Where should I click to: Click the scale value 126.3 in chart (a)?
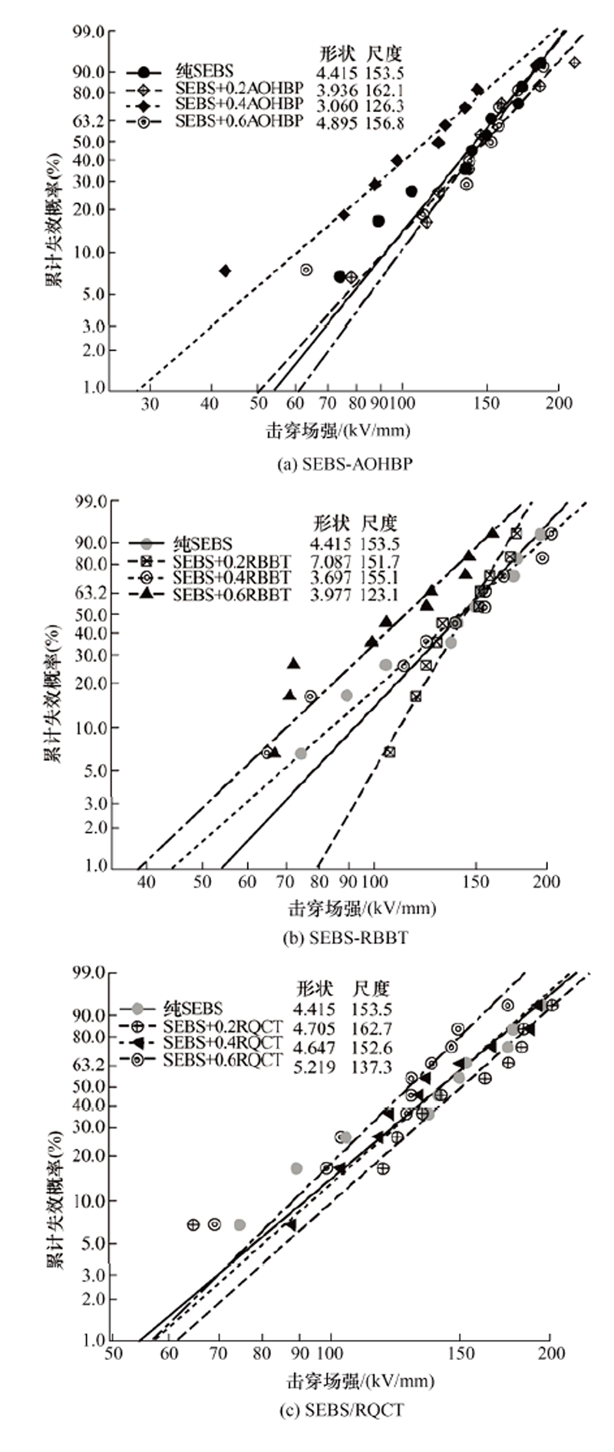click(385, 106)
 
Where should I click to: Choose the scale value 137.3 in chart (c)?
click(372, 1067)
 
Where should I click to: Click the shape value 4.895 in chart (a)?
click(338, 123)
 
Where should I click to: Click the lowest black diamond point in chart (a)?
click(225, 271)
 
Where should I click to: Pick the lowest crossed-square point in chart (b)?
click(389, 752)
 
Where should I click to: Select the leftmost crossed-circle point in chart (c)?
click(193, 1225)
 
